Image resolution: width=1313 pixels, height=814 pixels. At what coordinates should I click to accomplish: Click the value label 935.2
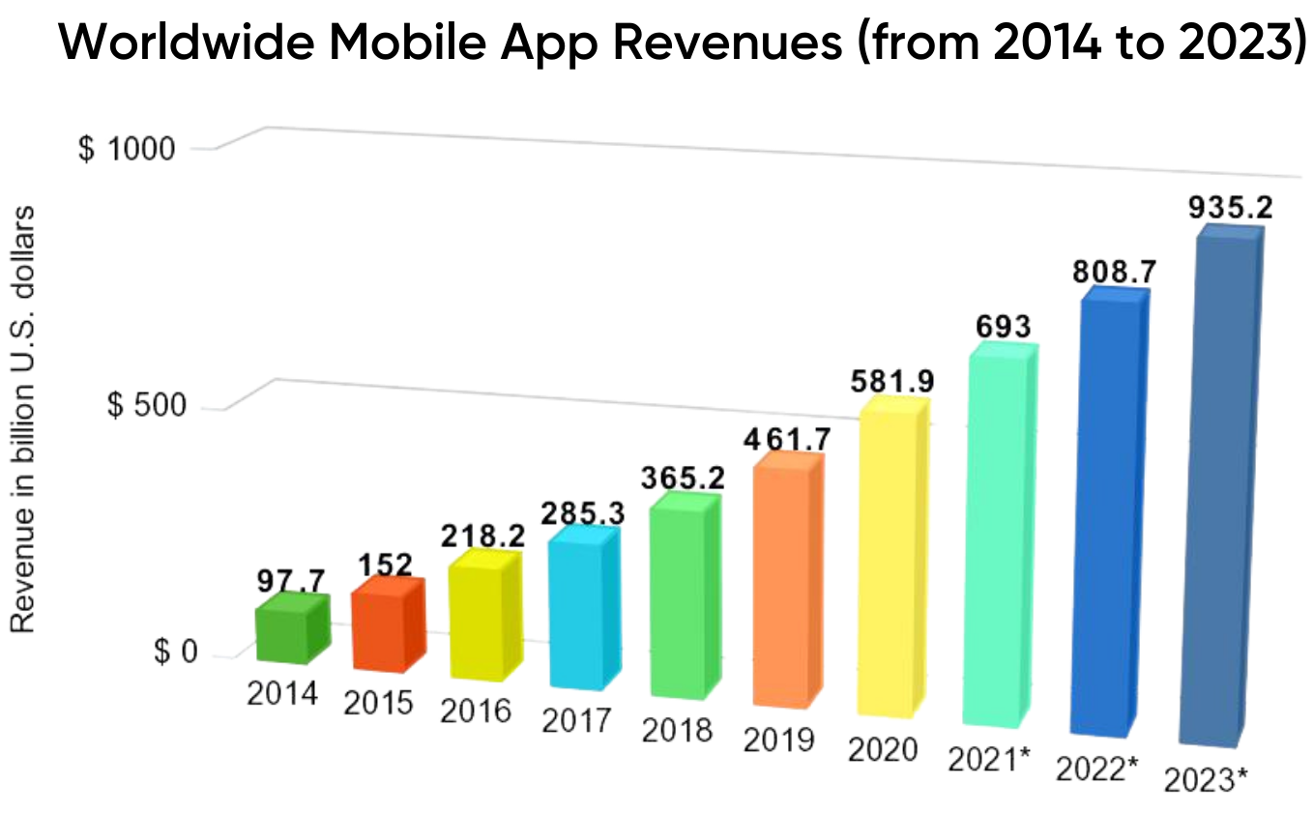click(x=1230, y=208)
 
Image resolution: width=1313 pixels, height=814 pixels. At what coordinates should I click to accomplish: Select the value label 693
click(x=1005, y=327)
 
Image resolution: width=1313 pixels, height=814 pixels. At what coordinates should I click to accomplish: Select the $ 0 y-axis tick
click(x=175, y=654)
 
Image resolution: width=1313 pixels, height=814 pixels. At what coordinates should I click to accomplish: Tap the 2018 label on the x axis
click(x=676, y=728)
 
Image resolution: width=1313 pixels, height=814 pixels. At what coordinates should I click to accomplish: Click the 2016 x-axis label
click(x=476, y=711)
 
